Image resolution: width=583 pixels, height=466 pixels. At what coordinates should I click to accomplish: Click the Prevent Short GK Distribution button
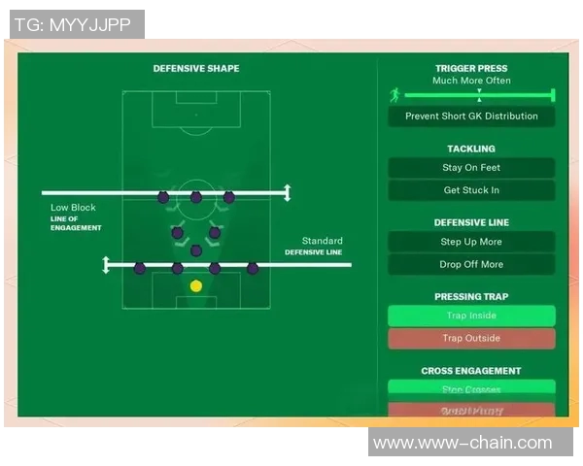tap(471, 116)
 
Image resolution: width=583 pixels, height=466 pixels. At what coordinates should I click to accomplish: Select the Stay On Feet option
tap(471, 168)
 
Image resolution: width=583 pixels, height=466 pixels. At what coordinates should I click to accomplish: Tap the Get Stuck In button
tap(471, 190)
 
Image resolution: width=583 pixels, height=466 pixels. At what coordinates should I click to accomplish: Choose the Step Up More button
tap(471, 242)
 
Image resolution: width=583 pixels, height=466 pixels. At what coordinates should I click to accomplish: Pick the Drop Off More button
tap(471, 264)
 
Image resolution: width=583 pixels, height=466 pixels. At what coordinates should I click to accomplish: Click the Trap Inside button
tap(471, 316)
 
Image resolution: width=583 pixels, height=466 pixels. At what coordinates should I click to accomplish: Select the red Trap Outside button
tap(471, 338)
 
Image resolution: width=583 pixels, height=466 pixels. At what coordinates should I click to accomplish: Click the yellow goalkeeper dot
tap(196, 285)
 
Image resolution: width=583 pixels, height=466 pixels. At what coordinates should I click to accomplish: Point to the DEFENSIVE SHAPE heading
tap(196, 69)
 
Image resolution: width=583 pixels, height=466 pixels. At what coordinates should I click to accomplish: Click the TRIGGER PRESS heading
tap(471, 69)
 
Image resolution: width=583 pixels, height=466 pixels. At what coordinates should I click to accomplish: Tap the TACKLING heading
tap(471, 149)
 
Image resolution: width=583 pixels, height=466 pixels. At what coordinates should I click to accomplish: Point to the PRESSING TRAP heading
tap(471, 297)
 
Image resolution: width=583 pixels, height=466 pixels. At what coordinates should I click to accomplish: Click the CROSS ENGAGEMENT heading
tap(471, 371)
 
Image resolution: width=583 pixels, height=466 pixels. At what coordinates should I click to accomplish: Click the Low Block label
tap(74, 208)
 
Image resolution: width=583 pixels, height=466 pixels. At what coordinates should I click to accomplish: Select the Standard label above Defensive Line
tap(322, 241)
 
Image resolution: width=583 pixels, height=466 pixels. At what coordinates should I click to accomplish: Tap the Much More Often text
tap(471, 81)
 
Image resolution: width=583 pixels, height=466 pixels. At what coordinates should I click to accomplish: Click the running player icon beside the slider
tap(394, 95)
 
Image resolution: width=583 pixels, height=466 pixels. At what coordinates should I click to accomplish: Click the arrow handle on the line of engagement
tap(287, 192)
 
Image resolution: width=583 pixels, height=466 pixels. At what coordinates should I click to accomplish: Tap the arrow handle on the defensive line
tap(107, 264)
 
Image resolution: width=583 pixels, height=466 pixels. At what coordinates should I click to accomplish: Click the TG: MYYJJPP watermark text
tap(77, 24)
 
